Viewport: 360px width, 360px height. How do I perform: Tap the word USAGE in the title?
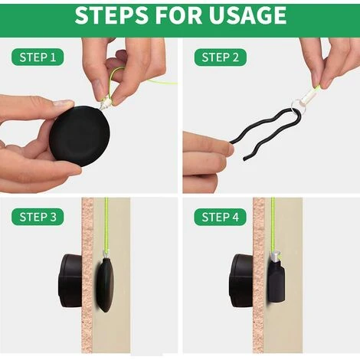[247, 15]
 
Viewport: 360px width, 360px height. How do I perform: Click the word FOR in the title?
[178, 15]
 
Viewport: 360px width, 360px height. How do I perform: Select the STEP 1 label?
[38, 57]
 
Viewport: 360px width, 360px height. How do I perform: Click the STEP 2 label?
[221, 57]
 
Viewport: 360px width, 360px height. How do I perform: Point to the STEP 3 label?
[38, 217]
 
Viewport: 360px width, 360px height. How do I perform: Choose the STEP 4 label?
[221, 217]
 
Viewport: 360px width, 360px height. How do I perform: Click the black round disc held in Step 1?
[80, 136]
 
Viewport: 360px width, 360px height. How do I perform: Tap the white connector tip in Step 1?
[106, 105]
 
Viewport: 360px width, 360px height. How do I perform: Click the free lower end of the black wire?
[244, 159]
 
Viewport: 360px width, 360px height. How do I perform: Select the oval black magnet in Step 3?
[105, 285]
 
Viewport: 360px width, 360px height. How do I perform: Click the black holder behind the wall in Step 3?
[70, 280]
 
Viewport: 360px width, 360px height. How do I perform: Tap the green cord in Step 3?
[106, 224]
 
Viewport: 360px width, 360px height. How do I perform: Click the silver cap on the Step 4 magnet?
[276, 257]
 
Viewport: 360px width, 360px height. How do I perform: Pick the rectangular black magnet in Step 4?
[276, 280]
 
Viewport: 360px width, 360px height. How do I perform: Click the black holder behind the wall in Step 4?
[241, 280]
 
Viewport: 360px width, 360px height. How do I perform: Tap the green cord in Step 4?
[273, 224]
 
